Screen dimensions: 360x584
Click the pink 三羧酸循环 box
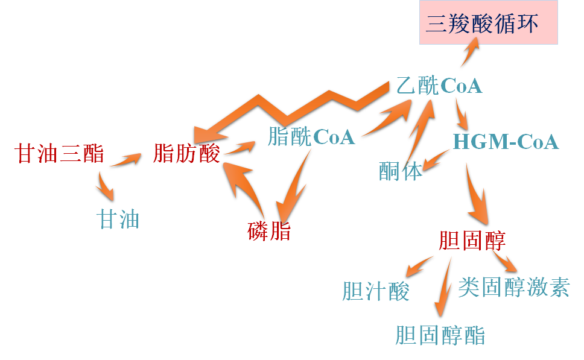click(x=488, y=22)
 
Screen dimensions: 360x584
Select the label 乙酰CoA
click(x=439, y=86)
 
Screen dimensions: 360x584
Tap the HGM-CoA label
click(x=506, y=142)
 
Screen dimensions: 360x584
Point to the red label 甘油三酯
click(x=60, y=154)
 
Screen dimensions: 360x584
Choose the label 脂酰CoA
click(x=311, y=137)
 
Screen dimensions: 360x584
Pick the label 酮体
click(x=401, y=171)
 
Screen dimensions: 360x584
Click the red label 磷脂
click(x=269, y=230)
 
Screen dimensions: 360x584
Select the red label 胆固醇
click(x=472, y=240)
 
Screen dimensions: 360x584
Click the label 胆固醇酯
click(x=440, y=335)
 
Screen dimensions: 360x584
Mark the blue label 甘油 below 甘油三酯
click(x=119, y=219)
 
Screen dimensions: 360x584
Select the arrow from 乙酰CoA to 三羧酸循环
click(x=470, y=51)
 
